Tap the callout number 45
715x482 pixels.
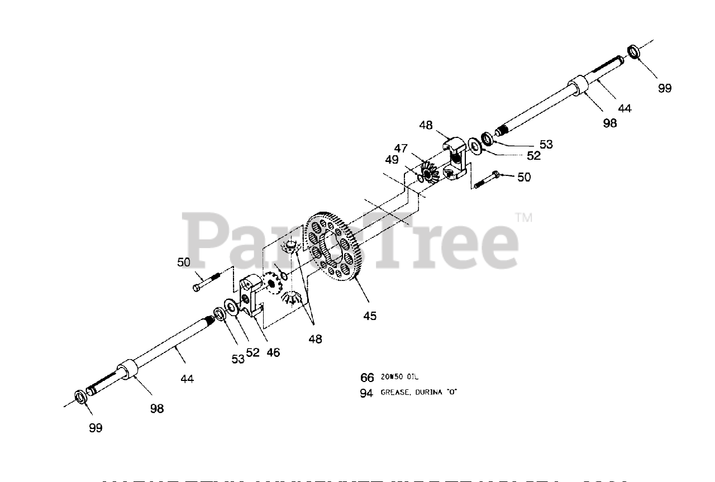coord(370,316)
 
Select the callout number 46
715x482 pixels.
coord(273,352)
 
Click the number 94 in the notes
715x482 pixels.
coord(366,393)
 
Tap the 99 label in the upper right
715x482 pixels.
coord(665,88)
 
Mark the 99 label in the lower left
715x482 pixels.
coord(96,428)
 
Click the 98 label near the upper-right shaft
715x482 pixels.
coord(610,123)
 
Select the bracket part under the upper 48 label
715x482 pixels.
coord(456,159)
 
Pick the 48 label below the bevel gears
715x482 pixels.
coord(315,338)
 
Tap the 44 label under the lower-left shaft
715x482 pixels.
coord(187,379)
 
